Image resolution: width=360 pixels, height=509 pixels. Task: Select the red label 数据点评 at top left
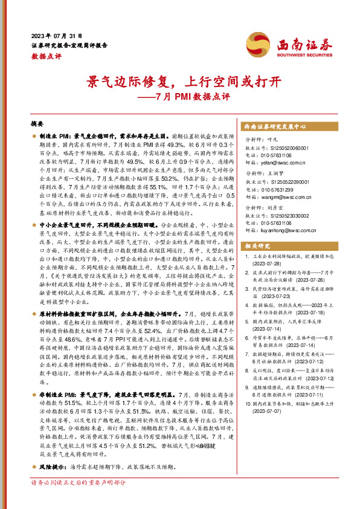click(x=46, y=55)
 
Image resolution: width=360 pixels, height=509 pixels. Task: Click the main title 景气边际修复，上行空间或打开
click(x=180, y=82)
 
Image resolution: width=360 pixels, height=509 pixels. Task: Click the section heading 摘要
click(x=37, y=123)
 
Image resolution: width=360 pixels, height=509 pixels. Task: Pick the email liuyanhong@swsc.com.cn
click(x=284, y=230)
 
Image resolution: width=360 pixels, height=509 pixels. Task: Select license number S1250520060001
click(x=283, y=148)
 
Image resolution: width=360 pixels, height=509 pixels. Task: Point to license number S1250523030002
click(x=283, y=215)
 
